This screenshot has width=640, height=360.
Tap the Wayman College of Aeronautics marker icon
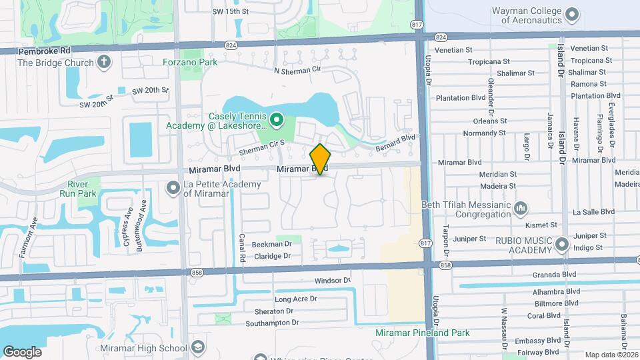tap(572, 14)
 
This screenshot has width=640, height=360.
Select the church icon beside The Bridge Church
tap(103, 63)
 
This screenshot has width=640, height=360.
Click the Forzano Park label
tap(190, 62)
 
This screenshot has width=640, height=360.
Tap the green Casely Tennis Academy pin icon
tap(277, 121)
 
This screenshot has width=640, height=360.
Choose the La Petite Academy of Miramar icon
tap(173, 188)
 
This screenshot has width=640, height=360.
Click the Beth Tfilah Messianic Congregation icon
tap(521, 209)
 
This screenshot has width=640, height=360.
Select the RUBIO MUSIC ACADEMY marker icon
tap(561, 245)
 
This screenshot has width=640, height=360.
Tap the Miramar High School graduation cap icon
tap(198, 347)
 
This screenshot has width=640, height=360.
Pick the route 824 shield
tap(231, 45)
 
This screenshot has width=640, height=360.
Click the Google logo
tap(22, 351)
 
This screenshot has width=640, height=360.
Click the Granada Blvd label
tap(554, 274)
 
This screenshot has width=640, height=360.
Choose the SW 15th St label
tap(230, 11)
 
